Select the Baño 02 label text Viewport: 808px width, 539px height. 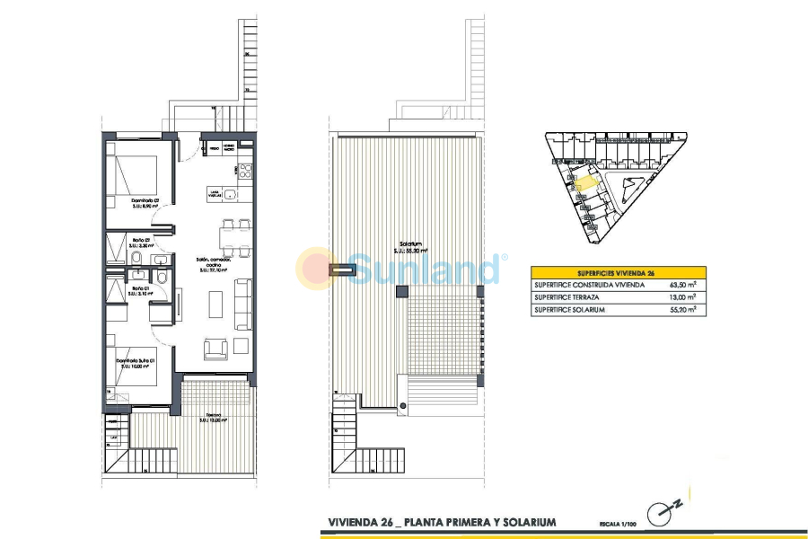pyautogui.click(x=141, y=242)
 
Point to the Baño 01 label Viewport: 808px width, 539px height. pyautogui.click(x=141, y=289)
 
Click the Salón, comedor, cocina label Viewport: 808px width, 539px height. pyautogui.click(x=214, y=262)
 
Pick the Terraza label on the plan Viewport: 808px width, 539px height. pyautogui.click(x=213, y=417)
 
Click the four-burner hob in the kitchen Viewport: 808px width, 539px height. pyautogui.click(x=244, y=169)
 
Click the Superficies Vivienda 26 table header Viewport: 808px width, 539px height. pyautogui.click(x=618, y=272)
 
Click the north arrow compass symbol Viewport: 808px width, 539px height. pyautogui.click(x=666, y=509)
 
